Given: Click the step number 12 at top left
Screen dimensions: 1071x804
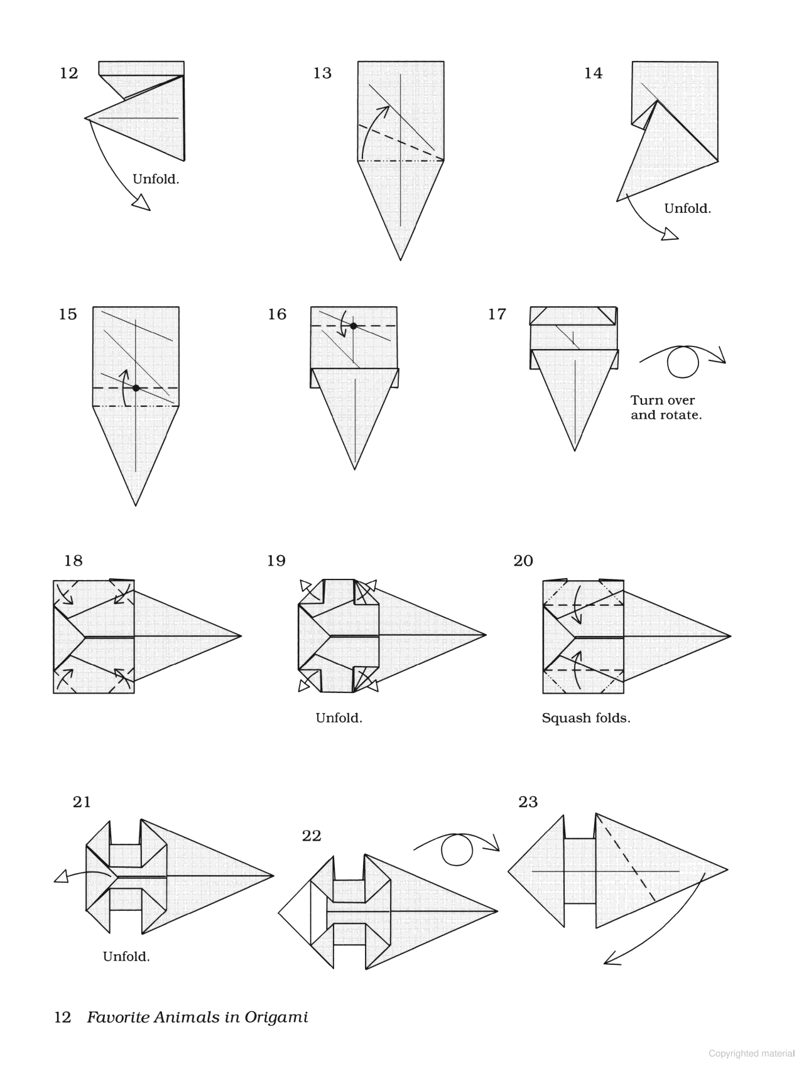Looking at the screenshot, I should (69, 73).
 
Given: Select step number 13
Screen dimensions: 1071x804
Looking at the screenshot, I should (322, 73).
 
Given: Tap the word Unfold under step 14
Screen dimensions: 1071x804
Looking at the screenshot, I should (687, 208).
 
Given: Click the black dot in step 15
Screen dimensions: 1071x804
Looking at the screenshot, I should (136, 388).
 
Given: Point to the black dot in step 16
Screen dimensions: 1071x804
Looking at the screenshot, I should (354, 326).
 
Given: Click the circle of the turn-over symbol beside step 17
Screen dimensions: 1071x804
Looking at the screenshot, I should (683, 362).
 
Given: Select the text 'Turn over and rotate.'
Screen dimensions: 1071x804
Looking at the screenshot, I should (666, 407).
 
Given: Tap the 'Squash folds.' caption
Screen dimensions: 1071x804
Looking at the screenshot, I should (585, 718).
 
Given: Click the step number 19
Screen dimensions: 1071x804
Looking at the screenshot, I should (276, 561).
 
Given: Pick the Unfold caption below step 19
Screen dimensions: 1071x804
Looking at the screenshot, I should (339, 718).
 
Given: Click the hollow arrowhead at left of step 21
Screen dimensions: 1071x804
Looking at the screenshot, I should (61, 877).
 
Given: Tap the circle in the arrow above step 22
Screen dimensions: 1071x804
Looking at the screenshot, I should (457, 851).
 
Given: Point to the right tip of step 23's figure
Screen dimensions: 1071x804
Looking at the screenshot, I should (727, 870).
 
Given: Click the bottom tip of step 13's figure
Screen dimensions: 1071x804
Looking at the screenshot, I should (401, 259).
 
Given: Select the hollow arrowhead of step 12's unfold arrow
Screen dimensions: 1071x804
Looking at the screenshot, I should (143, 202).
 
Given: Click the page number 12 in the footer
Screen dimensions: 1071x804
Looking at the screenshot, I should (63, 1018).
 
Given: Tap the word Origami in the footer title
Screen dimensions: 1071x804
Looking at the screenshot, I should (276, 1018).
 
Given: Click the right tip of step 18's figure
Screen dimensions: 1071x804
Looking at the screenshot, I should (241, 636).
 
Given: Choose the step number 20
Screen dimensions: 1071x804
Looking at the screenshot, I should (523, 561).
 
